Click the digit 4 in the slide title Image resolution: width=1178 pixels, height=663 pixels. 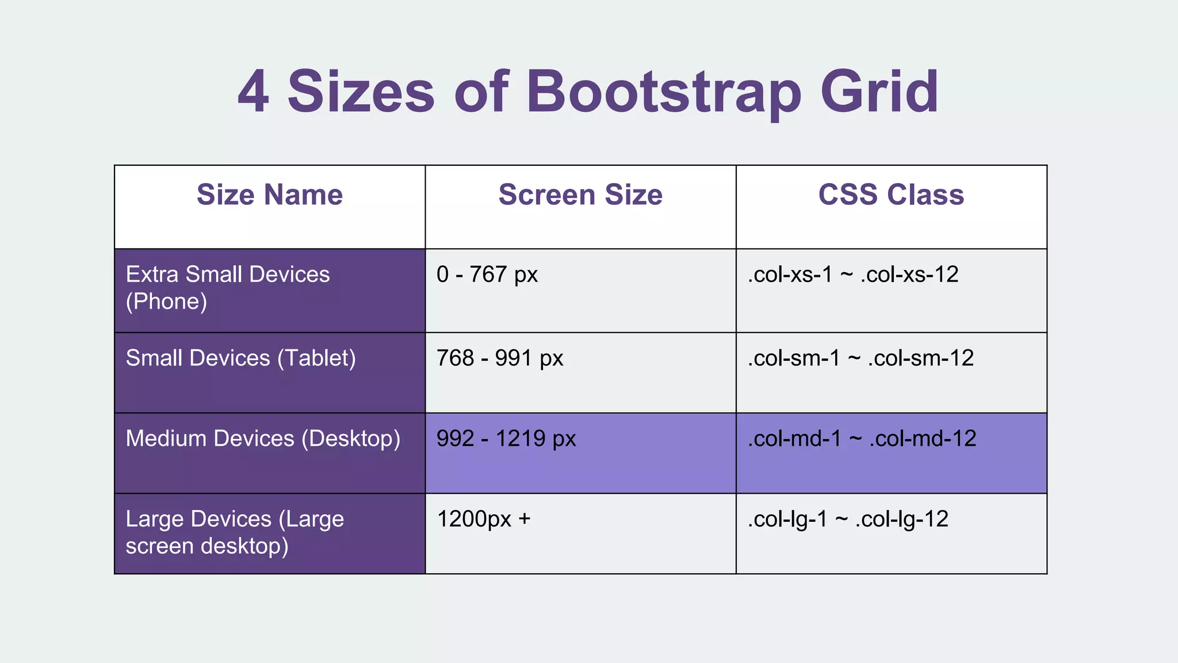(254, 92)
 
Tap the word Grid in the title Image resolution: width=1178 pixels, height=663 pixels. (879, 92)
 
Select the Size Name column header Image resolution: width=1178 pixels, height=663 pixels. (270, 195)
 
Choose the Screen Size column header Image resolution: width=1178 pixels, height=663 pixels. (580, 195)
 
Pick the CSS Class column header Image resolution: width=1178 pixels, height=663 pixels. (891, 195)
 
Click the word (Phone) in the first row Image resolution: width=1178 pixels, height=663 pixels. (166, 302)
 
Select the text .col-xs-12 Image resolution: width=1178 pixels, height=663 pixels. (909, 275)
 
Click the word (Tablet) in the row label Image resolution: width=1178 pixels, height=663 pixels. (316, 358)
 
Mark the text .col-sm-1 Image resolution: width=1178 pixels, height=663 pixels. (794, 358)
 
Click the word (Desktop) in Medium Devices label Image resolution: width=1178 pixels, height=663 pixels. (351, 439)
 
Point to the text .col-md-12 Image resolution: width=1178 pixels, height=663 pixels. (923, 439)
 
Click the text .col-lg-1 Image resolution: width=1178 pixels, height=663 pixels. (787, 519)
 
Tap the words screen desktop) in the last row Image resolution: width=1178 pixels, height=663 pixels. (207, 546)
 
